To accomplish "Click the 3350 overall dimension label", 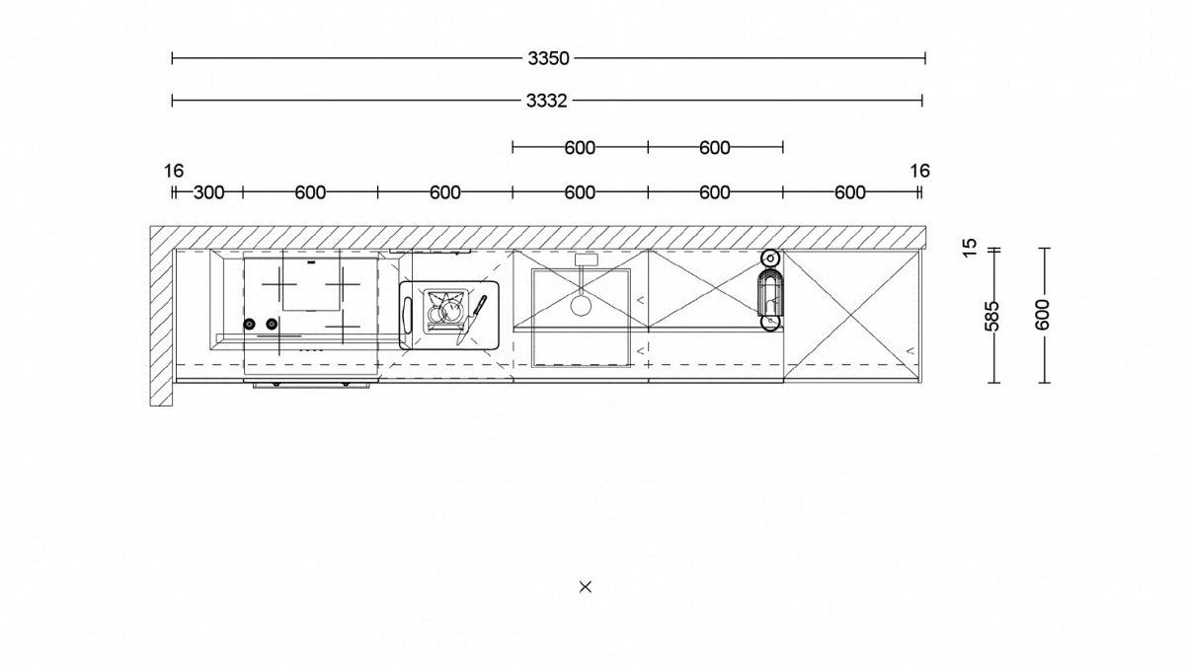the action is [x=548, y=58].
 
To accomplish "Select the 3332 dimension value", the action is [x=546, y=101].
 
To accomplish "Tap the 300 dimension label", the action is [x=208, y=193].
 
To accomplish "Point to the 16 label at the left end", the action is [x=174, y=172].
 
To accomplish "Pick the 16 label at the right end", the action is [x=920, y=171].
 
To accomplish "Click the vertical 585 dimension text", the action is [x=992, y=316].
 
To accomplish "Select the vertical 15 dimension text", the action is [x=970, y=248].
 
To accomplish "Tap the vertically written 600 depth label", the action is [x=1042, y=315].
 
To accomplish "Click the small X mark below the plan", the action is [x=585, y=587].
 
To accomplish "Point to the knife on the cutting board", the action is [x=471, y=320].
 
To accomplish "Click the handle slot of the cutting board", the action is [x=407, y=315].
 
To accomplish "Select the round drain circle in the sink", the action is [x=581, y=306].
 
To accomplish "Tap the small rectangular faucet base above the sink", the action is [x=587, y=259].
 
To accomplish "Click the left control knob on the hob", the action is [x=249, y=324].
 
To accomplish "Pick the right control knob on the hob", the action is [x=272, y=324].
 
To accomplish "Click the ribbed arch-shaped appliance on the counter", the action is [x=770, y=292].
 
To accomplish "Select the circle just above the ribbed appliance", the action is [x=770, y=259].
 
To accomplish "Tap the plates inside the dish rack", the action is [x=446, y=311].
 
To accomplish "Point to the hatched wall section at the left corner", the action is [x=161, y=316].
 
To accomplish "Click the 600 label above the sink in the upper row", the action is [x=580, y=148].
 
